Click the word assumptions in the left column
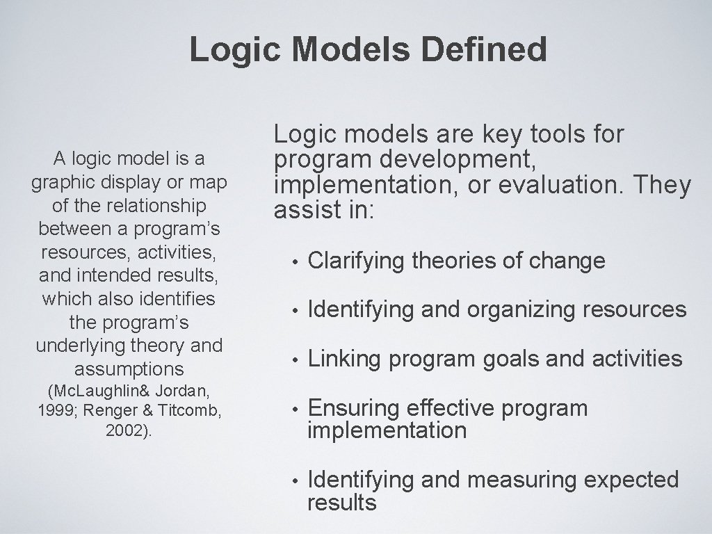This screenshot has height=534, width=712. [x=129, y=368]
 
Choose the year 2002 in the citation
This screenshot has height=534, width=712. [x=126, y=430]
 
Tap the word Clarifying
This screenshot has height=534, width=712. [x=356, y=261]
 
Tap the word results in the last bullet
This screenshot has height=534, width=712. [x=341, y=502]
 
